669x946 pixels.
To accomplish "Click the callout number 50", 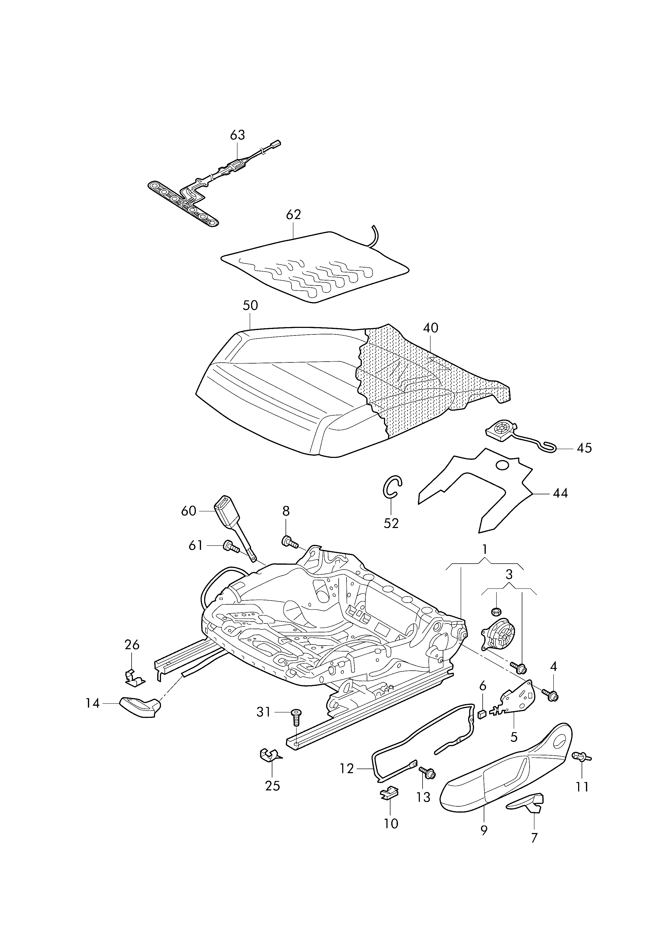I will (250, 306).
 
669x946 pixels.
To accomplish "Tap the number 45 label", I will (584, 448).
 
